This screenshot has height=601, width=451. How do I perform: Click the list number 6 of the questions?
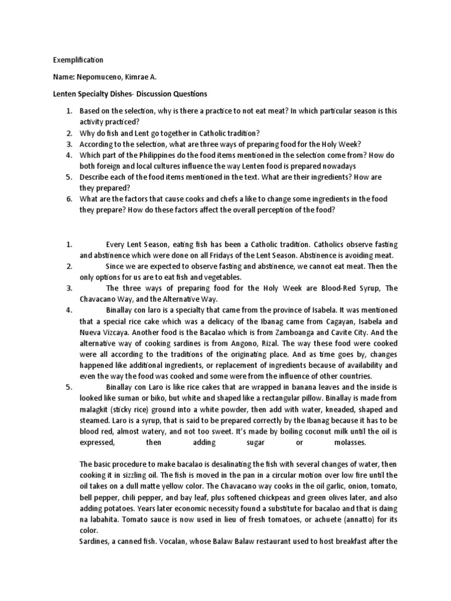coord(69,199)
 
